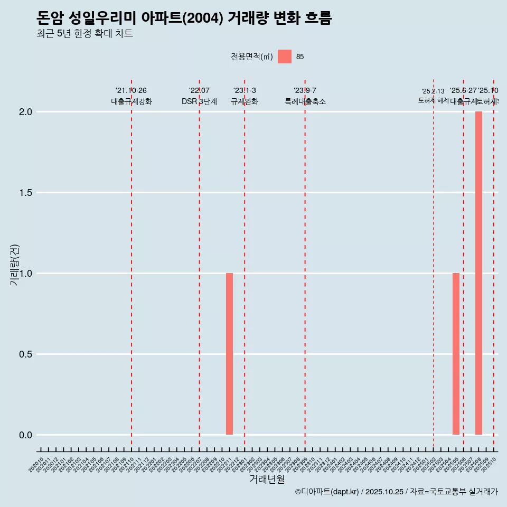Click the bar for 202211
point(229,354)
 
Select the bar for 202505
point(456,354)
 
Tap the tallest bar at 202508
point(478,273)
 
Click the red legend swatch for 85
point(285,57)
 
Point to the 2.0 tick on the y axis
point(26,112)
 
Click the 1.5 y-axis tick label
point(26,193)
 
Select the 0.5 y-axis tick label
point(26,354)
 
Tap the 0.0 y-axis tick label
point(26,435)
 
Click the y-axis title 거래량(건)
point(15,265)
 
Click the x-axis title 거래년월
point(267,479)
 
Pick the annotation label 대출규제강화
point(132,101)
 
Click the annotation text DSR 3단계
point(199,101)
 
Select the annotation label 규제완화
point(245,101)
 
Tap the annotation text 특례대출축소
point(305,101)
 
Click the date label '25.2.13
point(433,91)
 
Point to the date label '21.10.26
point(131,90)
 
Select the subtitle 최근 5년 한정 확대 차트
point(84,34)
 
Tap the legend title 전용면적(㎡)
point(251,57)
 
